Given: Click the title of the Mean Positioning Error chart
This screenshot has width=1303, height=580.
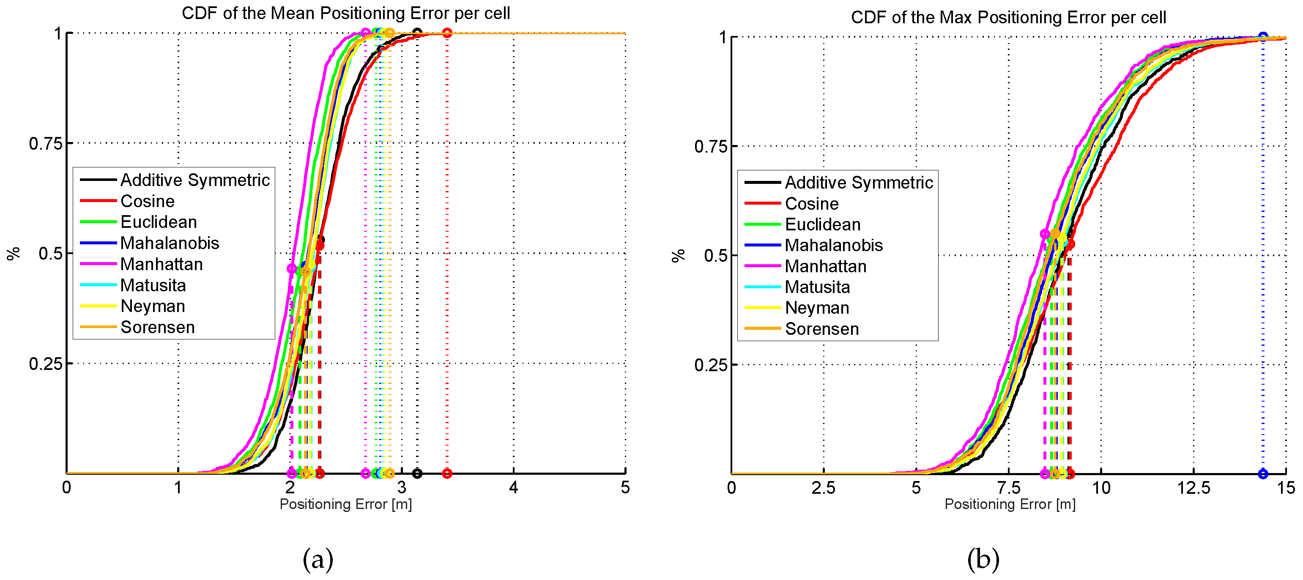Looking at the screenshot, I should [345, 13].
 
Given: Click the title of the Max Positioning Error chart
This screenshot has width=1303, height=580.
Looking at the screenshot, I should [1008, 17].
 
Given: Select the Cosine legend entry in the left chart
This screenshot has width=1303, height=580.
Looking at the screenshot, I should [147, 201].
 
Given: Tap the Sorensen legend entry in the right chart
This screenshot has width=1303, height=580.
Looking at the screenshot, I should [821, 329].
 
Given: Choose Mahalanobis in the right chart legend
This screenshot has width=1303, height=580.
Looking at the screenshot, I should [833, 245].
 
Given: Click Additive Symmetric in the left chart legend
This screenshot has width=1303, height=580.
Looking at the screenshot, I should [195, 180].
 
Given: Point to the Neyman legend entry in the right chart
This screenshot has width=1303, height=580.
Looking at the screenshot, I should [816, 307].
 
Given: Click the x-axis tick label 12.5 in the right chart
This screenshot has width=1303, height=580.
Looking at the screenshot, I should [1193, 488].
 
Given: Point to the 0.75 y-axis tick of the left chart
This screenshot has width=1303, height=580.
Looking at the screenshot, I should [46, 144].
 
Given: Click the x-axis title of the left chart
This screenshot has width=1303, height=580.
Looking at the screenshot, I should [345, 504].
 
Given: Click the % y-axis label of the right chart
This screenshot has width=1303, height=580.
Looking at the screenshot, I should [678, 255].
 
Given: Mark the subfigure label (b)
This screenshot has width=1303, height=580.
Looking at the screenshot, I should [983, 559].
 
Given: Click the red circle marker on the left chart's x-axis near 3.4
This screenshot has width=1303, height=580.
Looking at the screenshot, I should [446, 473].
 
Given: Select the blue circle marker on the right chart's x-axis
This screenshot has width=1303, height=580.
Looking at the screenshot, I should [1262, 474].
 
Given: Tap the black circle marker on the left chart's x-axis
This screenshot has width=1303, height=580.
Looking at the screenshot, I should [417, 473].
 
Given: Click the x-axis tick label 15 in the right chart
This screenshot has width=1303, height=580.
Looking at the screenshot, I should [1285, 488].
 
